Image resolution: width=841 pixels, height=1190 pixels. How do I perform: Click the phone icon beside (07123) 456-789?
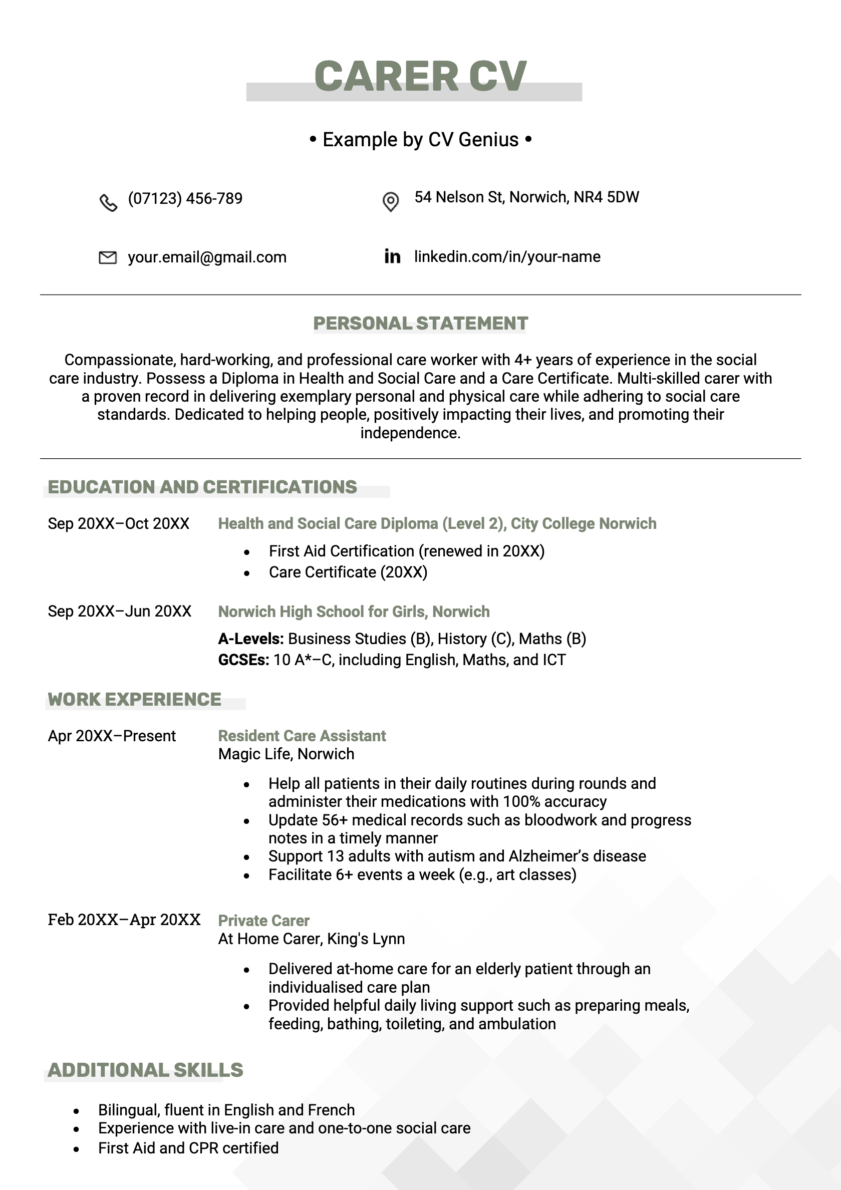[108, 202]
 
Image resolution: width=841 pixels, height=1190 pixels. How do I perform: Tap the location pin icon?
[390, 201]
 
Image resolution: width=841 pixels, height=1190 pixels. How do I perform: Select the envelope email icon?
[107, 257]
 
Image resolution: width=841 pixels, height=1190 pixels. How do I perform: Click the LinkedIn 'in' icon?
[392, 256]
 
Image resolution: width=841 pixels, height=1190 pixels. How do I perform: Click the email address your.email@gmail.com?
[207, 257]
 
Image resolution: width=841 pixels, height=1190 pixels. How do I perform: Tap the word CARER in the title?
[386, 76]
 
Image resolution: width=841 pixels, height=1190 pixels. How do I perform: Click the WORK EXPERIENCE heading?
[134, 699]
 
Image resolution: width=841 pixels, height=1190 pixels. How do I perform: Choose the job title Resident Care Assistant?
[302, 735]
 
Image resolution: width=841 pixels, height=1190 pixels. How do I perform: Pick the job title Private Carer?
[263, 920]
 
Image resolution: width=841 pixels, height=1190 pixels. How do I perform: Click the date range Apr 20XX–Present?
[112, 735]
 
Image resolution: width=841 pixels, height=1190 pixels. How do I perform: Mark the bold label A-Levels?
[250, 639]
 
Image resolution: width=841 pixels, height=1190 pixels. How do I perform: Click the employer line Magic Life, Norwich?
[286, 754]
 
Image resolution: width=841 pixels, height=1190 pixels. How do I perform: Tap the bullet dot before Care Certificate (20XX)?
[247, 573]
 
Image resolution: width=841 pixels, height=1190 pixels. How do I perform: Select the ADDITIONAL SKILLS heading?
[145, 1069]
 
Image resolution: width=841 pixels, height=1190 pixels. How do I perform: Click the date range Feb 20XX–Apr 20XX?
[124, 920]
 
